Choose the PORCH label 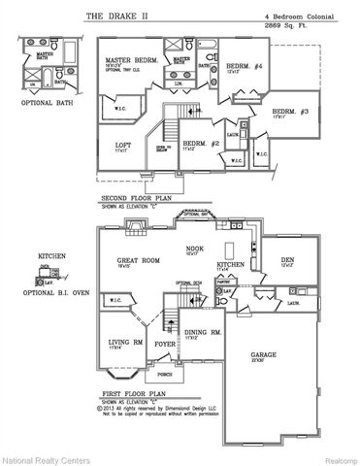[165, 374]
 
